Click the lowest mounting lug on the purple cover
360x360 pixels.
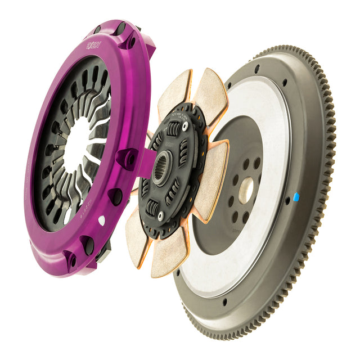point(71,260)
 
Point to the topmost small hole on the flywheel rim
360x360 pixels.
point(256,69)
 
